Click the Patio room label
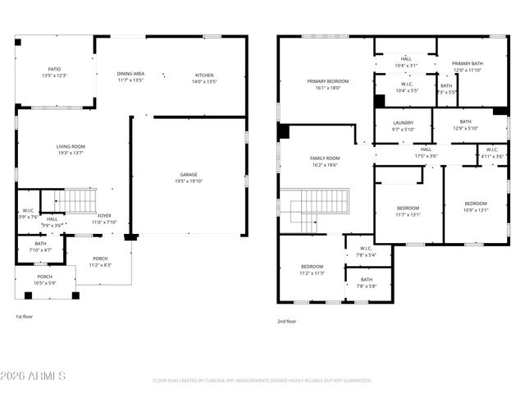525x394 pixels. click(54, 69)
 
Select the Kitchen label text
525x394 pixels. click(203, 75)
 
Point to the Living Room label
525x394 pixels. click(71, 146)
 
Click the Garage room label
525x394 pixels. click(189, 174)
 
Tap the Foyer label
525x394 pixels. click(104, 216)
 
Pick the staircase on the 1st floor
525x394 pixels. click(80, 199)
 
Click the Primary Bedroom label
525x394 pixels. click(328, 81)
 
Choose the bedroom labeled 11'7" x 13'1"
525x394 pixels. click(408, 208)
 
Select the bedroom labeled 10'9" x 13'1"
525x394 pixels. click(475, 204)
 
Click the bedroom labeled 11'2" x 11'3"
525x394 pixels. click(312, 267)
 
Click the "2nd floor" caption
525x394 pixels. click(288, 321)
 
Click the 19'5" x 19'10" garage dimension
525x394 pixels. click(189, 181)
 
